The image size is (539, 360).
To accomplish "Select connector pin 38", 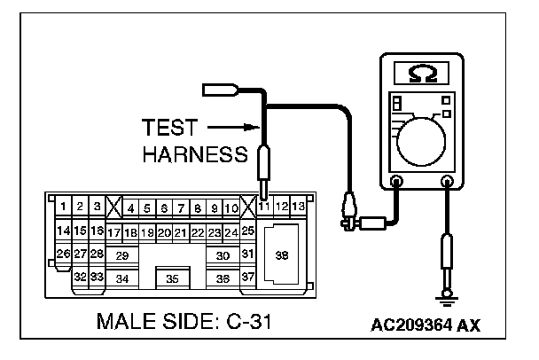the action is coord(283,254).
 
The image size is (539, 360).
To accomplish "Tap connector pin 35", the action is coord(172,278).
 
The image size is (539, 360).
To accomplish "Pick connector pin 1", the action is coord(64,207).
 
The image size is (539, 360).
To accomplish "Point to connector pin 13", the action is coord(300,207).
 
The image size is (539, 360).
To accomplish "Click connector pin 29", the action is coord(122,254).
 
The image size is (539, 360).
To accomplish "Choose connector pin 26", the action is coord(63,254).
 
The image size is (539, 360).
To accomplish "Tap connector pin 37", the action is coord(248,278).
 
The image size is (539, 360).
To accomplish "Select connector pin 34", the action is coord(122,278).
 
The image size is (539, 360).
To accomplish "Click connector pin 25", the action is coord(248,231).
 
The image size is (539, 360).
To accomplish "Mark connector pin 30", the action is coord(223,254).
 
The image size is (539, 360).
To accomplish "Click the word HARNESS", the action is coord(194,154).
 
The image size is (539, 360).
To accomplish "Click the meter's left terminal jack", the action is coord(396,184).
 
